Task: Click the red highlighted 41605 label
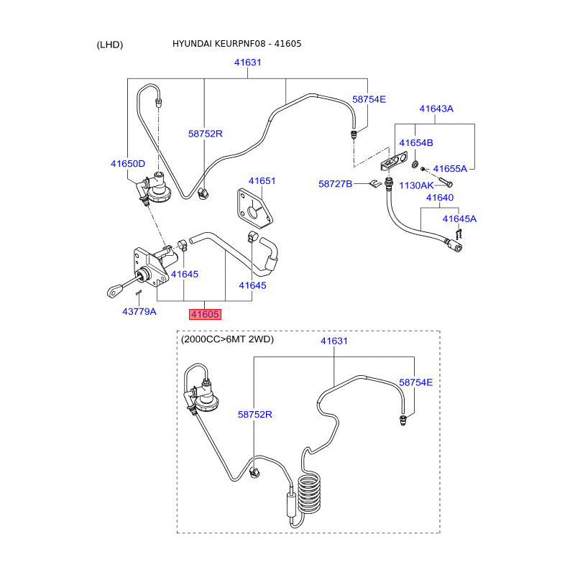point(205,314)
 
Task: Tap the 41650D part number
point(128,164)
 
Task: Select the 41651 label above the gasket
point(262,181)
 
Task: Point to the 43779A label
point(139,311)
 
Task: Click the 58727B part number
point(335,184)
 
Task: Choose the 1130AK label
point(416,185)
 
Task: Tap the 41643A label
point(436,109)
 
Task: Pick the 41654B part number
point(416,142)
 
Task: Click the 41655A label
point(450,169)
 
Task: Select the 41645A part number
point(459,219)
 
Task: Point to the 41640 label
point(440,198)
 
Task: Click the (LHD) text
point(110,45)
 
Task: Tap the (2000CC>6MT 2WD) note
point(227,339)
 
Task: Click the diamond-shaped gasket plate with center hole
point(255,208)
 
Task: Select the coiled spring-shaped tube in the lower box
point(309,493)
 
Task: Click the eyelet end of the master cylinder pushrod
point(114,291)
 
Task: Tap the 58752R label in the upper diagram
point(205,134)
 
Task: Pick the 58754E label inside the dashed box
point(415,382)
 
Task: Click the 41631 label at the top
point(247,63)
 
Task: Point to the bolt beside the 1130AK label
point(445,182)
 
